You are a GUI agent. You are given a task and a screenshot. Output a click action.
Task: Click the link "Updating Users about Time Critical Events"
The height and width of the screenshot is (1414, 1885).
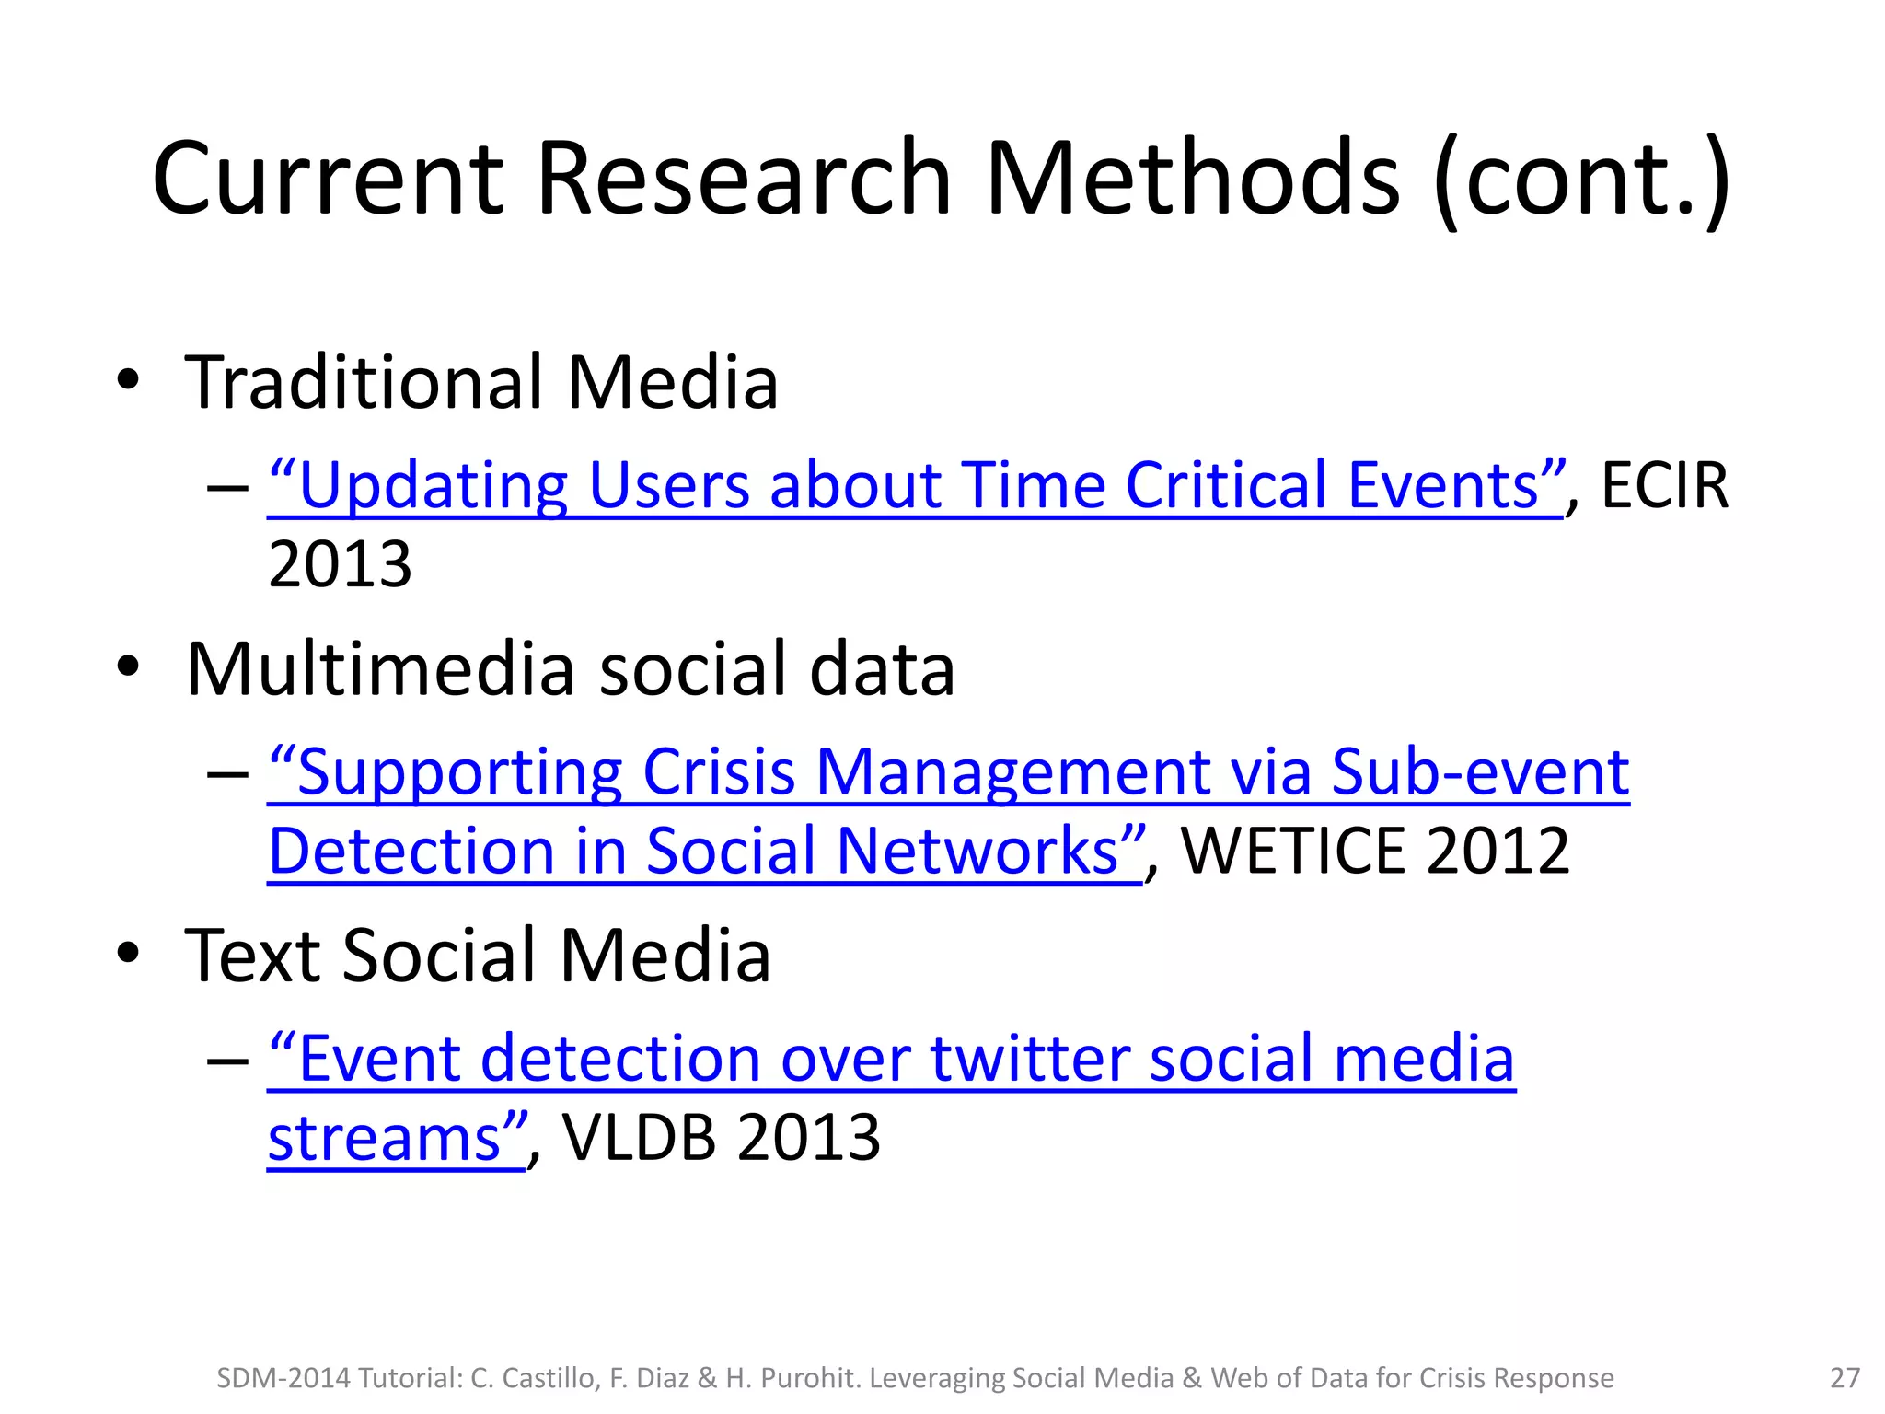click(x=916, y=485)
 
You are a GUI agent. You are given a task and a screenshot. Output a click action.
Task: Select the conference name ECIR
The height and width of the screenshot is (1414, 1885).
click(x=1665, y=485)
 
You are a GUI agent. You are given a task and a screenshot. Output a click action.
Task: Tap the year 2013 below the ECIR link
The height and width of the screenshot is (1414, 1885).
click(x=340, y=563)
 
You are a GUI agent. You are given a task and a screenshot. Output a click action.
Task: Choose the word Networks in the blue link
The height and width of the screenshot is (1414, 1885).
click(x=977, y=851)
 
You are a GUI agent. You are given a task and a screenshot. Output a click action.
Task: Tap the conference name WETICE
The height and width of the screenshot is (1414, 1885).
click(x=1292, y=851)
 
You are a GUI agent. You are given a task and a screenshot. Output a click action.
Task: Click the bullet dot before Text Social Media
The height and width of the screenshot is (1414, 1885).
click(x=128, y=955)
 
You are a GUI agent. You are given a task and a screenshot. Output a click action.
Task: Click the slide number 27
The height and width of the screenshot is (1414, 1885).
click(x=1845, y=1378)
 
